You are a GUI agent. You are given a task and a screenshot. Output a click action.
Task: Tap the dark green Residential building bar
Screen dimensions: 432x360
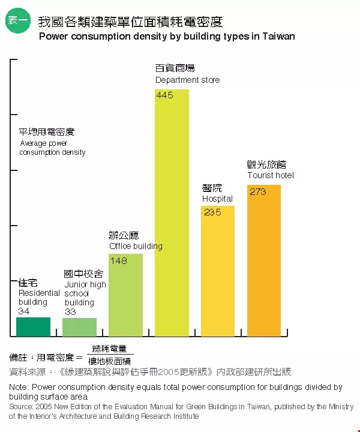click(33, 326)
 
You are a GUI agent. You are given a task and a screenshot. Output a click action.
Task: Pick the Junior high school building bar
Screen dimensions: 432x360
click(79, 327)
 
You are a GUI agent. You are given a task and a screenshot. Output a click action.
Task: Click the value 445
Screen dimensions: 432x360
click(164, 95)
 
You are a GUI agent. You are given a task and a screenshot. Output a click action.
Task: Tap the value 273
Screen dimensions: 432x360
click(257, 192)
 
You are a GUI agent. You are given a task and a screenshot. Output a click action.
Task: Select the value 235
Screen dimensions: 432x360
click(212, 212)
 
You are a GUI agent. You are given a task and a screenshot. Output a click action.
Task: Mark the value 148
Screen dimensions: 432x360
click(119, 260)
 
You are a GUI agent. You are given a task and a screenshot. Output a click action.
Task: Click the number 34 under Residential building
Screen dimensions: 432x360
click(24, 311)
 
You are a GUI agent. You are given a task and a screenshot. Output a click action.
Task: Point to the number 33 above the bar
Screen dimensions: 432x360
click(70, 312)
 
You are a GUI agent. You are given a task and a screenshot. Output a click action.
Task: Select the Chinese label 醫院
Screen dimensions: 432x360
click(212, 188)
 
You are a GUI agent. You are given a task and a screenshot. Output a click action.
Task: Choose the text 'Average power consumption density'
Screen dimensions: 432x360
click(52, 148)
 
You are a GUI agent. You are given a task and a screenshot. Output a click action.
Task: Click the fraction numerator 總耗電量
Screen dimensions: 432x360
click(110, 349)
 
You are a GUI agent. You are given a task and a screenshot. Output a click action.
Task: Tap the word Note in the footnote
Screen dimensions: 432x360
click(19, 388)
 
